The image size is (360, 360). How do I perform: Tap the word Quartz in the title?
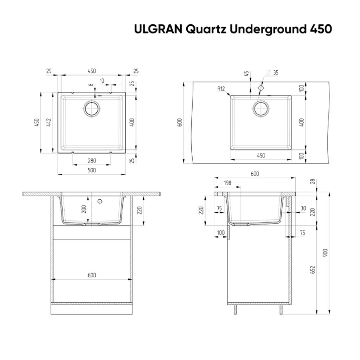click(x=206, y=30)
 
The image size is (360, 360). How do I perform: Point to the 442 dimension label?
click(x=49, y=122)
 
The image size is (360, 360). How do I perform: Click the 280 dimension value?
click(x=92, y=160)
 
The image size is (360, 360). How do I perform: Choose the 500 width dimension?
click(x=92, y=170)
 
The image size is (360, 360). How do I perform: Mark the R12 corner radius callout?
click(x=221, y=89)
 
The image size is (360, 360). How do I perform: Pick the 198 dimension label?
click(x=227, y=183)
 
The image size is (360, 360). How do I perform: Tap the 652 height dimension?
click(x=312, y=270)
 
